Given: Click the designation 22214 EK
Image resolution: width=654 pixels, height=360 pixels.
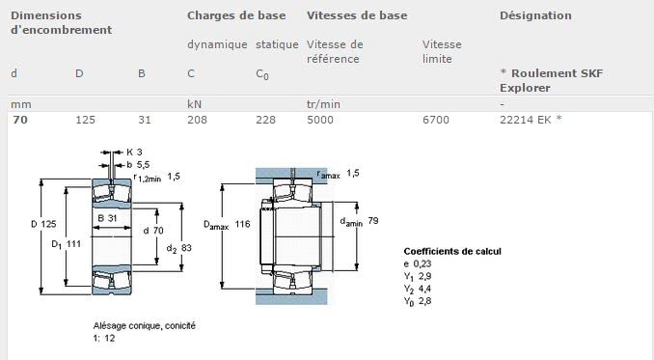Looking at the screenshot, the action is click(526, 120).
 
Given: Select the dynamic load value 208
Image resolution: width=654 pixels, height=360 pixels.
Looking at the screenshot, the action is click(198, 120).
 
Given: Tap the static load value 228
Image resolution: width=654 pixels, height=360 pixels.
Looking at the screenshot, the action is click(265, 120).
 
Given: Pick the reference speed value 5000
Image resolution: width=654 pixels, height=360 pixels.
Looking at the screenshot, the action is click(320, 120).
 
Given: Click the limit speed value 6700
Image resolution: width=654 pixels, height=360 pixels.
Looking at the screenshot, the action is click(436, 120).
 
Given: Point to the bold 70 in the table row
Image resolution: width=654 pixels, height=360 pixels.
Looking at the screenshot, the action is click(20, 120).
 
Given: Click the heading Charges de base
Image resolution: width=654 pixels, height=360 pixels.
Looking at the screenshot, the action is click(236, 15).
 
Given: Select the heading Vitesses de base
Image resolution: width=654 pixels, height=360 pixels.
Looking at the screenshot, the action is click(357, 15).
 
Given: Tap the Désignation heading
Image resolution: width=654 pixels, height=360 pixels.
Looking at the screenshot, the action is click(535, 15).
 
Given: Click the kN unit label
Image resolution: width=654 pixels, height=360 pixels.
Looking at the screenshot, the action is click(194, 104).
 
